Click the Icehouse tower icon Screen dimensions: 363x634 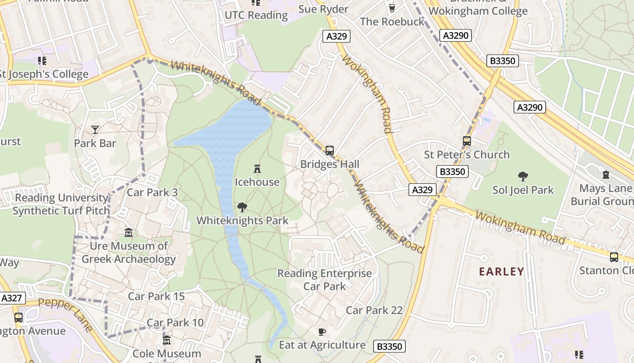pos(257,169)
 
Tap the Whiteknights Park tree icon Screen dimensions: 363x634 pos(242,207)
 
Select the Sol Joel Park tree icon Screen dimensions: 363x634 pos(523,177)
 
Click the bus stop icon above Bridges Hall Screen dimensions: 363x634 pos(330,150)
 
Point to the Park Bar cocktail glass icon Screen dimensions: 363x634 pos(95,130)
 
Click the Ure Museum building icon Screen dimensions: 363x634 pos(129,233)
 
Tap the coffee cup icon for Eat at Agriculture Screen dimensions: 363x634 pos(322,332)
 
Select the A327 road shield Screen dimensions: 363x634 pos(12,298)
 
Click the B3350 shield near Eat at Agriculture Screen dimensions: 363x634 pos(389,347)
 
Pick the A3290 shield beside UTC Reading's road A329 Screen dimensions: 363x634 pos(456,35)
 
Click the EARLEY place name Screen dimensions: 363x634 pos(501,272)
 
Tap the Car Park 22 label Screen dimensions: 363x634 pos(374,310)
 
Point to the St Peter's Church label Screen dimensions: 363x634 pos(466,155)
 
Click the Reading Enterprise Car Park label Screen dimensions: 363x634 pos(324,280)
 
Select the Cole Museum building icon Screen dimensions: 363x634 pos(167,340)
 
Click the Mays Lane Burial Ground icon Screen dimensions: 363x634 pos(606,175)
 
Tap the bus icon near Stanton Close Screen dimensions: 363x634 pos(614,257)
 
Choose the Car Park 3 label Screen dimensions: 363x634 pos(152,192)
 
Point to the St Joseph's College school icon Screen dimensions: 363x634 pos(42,60)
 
